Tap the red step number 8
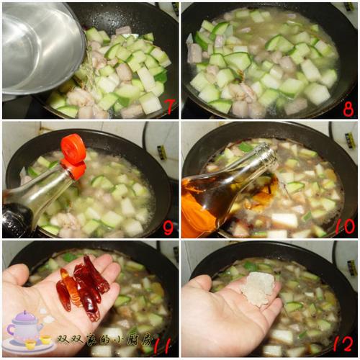(348, 109)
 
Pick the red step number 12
(343, 344)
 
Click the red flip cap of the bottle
(73, 156)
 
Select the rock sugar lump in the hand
(258, 289)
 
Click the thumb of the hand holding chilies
(17, 276)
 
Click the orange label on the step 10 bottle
(196, 214)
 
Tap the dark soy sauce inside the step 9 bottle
(17, 218)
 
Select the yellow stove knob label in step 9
(163, 152)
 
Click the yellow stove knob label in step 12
(352, 268)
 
